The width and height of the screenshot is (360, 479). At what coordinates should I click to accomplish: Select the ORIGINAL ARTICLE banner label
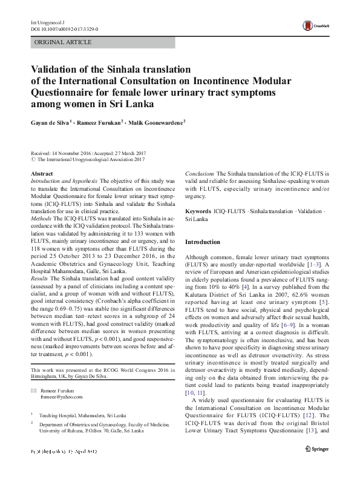(63, 42)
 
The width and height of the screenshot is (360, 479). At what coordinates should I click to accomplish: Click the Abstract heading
(41, 174)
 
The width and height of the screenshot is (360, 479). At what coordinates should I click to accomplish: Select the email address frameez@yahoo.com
(62, 397)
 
